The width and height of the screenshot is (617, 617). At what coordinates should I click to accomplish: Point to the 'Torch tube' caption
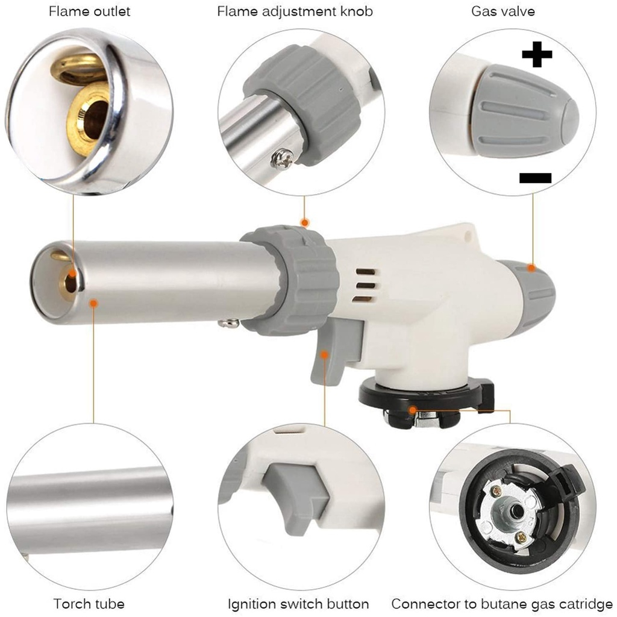(89, 604)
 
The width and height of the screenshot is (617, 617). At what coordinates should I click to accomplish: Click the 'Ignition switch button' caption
(298, 604)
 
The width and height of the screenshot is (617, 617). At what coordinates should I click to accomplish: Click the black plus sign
(537, 55)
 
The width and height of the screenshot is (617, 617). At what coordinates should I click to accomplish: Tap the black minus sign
(534, 177)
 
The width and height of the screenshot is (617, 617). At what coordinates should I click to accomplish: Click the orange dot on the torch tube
(93, 304)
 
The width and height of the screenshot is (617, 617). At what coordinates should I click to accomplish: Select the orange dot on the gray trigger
(325, 354)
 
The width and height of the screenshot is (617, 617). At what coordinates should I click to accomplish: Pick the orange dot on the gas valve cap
(531, 268)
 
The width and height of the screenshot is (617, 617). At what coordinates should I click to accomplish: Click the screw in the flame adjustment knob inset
(282, 158)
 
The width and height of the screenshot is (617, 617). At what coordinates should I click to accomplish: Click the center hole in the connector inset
(515, 511)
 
